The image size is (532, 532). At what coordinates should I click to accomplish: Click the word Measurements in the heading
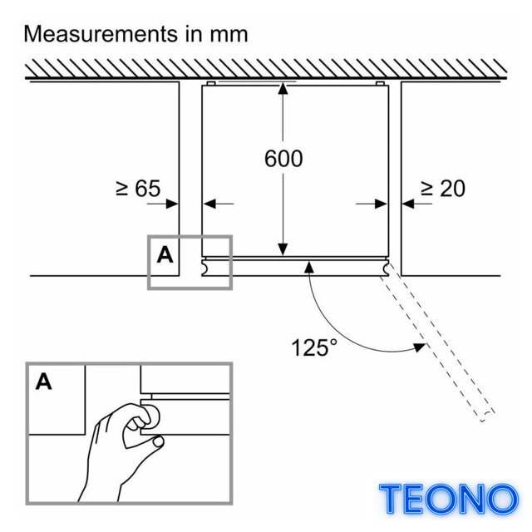tap(101, 34)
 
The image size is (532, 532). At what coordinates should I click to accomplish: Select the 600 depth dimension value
tap(283, 159)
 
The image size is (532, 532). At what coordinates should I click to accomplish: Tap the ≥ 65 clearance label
tap(138, 189)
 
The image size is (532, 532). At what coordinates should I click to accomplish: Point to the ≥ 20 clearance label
tap(443, 189)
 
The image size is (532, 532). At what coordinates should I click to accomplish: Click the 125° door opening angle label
tap(314, 347)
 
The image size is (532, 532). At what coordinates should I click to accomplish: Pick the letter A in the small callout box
tap(165, 254)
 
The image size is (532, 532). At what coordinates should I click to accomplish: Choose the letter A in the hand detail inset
tap(44, 382)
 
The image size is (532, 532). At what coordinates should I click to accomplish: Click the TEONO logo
tap(448, 499)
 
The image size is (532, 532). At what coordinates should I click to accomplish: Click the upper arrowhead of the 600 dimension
tap(283, 88)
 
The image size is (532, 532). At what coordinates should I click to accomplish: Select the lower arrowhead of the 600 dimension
tap(283, 249)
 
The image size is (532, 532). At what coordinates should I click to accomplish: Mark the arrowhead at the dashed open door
tap(420, 347)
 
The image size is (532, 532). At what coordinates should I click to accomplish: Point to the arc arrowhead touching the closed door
tap(308, 268)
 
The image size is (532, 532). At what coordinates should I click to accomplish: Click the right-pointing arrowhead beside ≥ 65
tap(172, 204)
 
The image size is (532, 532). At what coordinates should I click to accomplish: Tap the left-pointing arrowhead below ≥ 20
tap(408, 204)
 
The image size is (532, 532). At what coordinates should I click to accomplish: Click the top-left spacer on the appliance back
tap(210, 83)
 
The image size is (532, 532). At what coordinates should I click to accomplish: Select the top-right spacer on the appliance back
tap(380, 83)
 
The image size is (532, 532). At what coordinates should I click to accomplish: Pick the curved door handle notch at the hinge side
tap(386, 268)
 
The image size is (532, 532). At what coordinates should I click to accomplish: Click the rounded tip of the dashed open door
tap(485, 416)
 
